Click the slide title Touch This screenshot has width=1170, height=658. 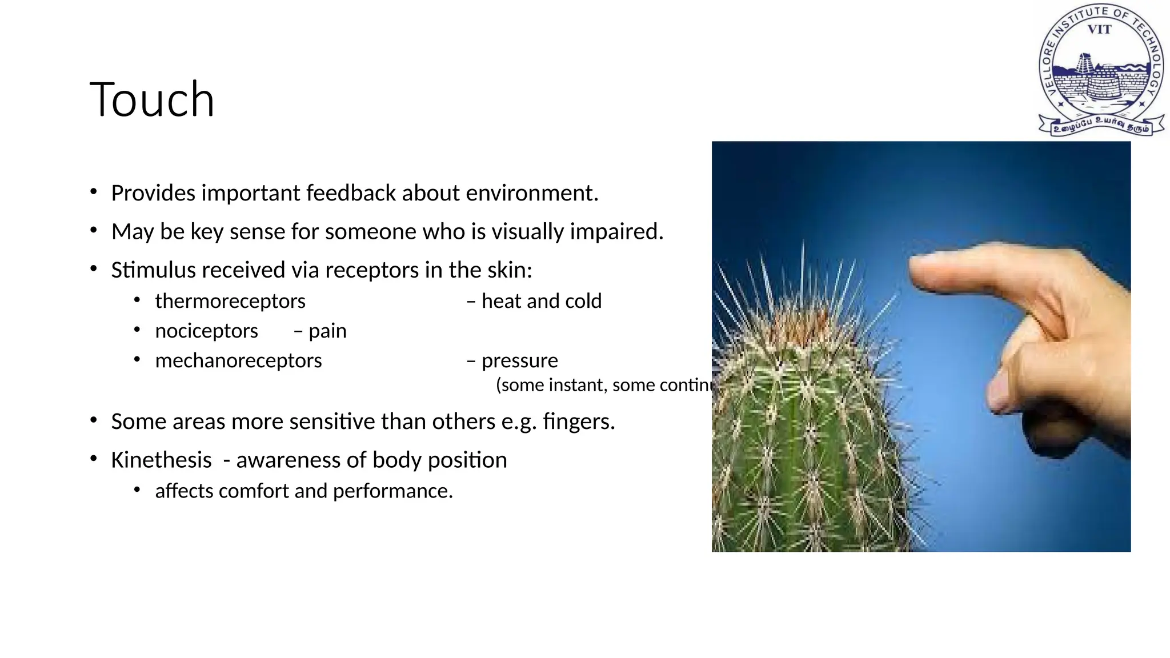click(152, 100)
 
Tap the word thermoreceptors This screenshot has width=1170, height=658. click(230, 301)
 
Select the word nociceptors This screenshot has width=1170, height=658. click(206, 331)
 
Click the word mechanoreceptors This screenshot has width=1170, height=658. click(238, 360)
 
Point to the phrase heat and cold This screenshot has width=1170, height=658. click(541, 301)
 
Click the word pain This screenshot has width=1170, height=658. click(327, 331)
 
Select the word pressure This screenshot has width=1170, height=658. click(519, 360)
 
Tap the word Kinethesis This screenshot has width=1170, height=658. click(161, 460)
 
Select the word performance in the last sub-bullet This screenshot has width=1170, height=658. click(392, 491)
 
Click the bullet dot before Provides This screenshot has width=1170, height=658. click(94, 192)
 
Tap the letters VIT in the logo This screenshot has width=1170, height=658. click(1099, 30)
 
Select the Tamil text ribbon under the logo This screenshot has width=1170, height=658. click(1100, 125)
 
